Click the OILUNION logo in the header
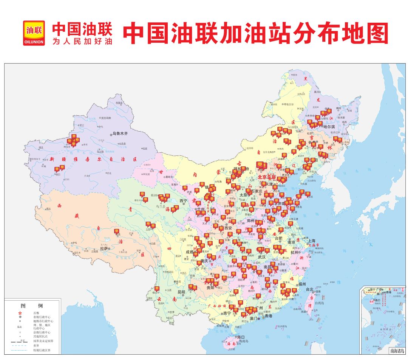[34, 33]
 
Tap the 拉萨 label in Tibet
[104, 249]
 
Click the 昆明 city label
[181, 292]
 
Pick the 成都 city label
[189, 252]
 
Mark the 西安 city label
[228, 228]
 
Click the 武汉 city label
[262, 257]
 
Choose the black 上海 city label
[312, 240]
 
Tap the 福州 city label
[302, 284]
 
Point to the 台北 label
[309, 289]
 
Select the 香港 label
[268, 316]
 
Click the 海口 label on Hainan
[241, 337]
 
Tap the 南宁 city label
[227, 313]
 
